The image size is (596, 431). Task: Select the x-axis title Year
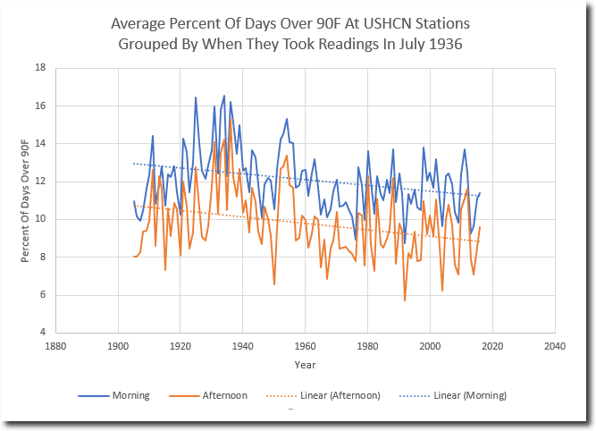point(305,365)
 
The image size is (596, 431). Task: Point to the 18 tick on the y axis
point(40,68)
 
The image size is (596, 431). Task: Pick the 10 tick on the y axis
point(40,219)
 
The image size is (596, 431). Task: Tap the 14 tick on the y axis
point(40,144)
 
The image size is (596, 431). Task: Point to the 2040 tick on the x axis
point(555,346)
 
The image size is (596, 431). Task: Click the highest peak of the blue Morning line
point(224,95)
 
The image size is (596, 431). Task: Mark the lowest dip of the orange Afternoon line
point(405,300)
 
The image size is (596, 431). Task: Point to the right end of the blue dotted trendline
point(480,195)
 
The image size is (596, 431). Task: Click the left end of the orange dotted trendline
point(134,206)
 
